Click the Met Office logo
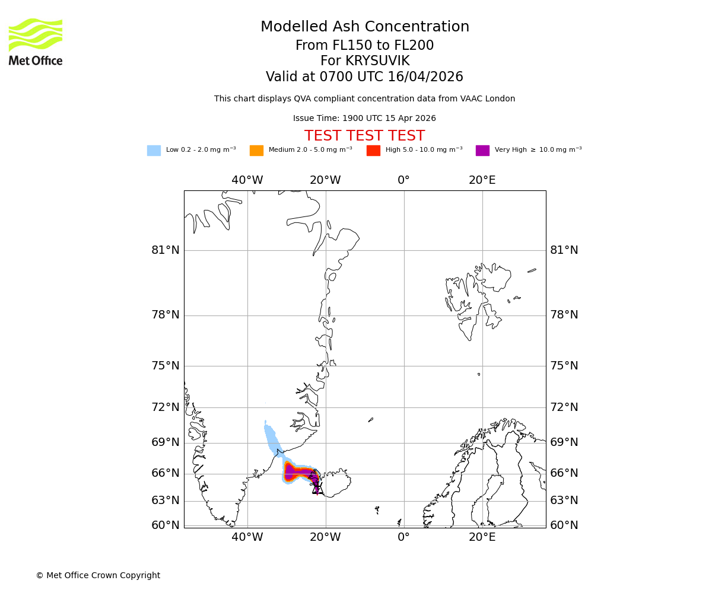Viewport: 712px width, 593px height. point(36,42)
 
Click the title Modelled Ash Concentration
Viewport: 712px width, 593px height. point(364,27)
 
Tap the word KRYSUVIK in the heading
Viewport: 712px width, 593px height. point(377,61)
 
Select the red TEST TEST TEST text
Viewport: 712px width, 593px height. point(364,136)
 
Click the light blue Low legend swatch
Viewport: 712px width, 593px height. point(154,150)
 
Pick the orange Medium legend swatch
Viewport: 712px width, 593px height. point(256,150)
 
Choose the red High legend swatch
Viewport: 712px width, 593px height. point(373,150)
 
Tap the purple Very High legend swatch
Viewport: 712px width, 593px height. point(482,150)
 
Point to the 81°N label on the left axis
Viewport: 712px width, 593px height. point(166,250)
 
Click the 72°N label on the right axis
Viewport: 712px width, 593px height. point(564,407)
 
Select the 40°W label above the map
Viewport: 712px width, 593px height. point(247,180)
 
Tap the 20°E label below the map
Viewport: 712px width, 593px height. point(482,537)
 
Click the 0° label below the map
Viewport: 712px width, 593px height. point(403,537)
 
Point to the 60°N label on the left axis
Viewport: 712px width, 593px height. point(166,525)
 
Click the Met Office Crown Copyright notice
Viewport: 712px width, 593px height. point(98,575)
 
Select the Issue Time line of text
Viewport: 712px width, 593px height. point(364,119)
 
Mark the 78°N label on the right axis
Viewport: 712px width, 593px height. point(564,315)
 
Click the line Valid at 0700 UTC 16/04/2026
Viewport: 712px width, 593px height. point(364,77)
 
